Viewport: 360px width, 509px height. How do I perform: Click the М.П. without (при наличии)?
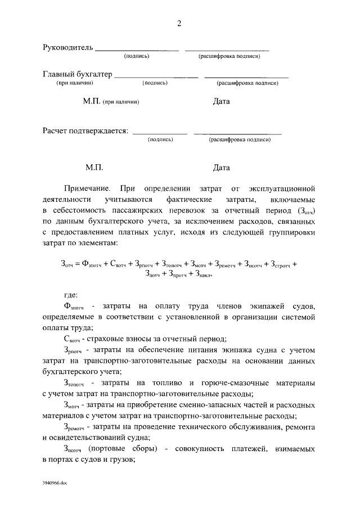coord(93,168)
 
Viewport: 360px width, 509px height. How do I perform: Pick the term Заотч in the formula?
coord(155,274)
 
